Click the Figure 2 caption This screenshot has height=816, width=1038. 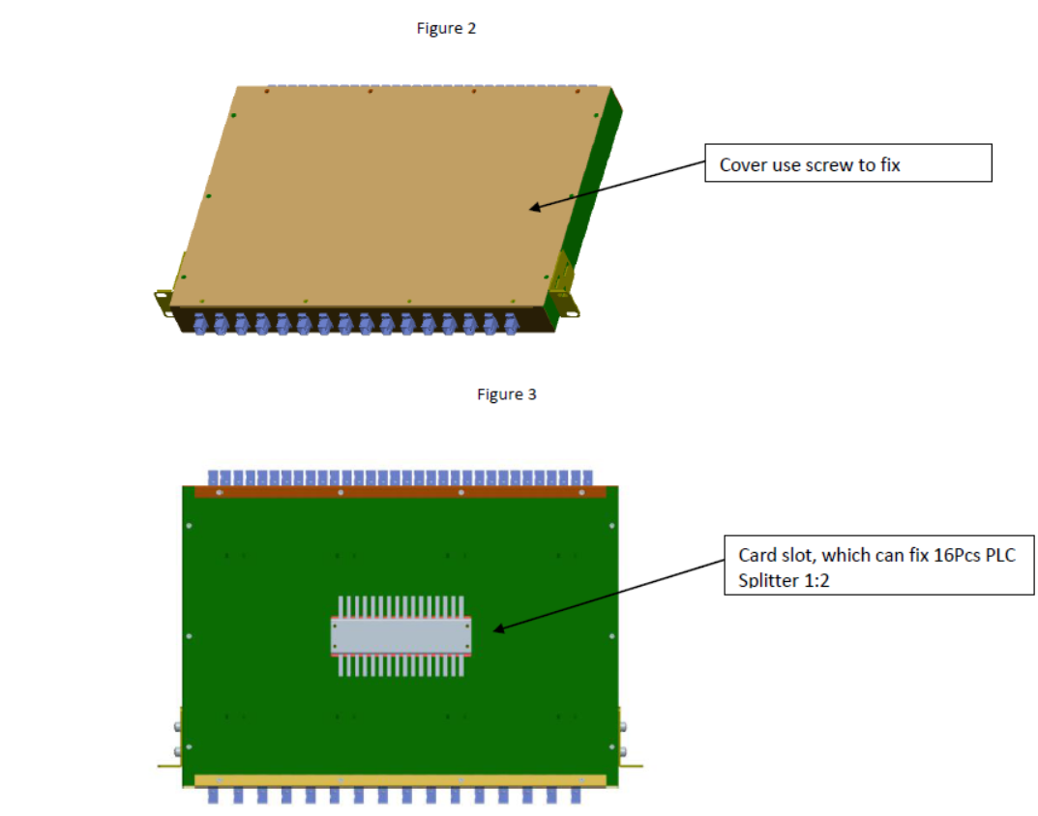tap(446, 28)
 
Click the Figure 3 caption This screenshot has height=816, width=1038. tap(506, 394)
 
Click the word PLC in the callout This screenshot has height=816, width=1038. tap(999, 556)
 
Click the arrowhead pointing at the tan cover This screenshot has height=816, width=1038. tap(536, 206)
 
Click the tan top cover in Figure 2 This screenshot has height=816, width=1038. tap(387, 193)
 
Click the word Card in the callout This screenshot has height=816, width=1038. tap(756, 556)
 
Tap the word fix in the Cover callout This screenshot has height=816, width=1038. tap(890, 165)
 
